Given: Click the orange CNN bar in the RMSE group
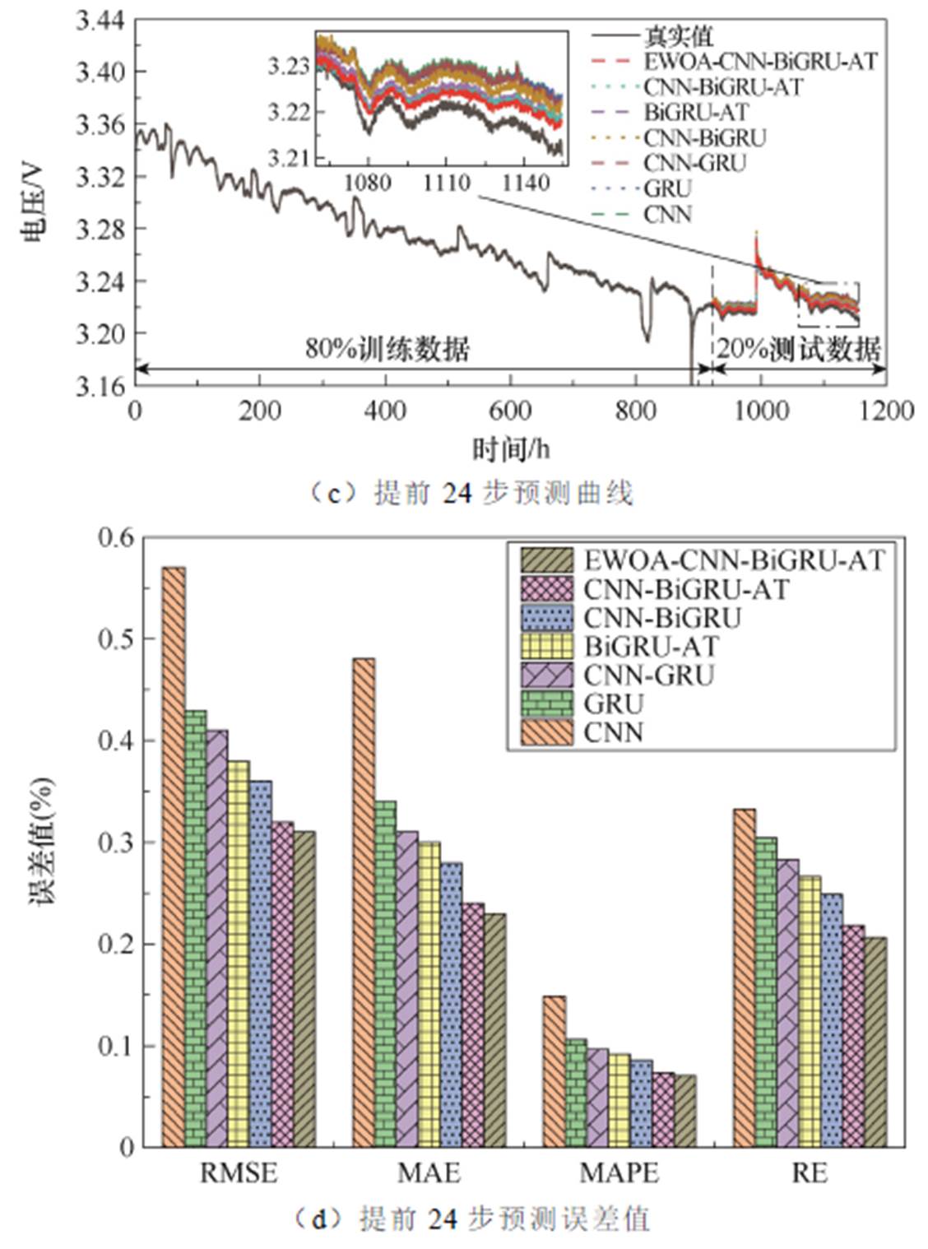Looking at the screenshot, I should click(x=173, y=856).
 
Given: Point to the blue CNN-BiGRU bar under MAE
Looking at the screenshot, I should click(x=451, y=1004).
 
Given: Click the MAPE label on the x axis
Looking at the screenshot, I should click(x=619, y=1172).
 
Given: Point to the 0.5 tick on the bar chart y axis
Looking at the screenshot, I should click(x=115, y=638).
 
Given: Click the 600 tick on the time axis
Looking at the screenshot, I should click(x=510, y=410).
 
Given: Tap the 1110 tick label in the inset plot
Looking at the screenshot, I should click(x=446, y=182).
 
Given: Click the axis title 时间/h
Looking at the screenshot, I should click(x=510, y=448).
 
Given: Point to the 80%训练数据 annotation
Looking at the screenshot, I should click(x=387, y=349).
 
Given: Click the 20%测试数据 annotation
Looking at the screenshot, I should click(x=798, y=349).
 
